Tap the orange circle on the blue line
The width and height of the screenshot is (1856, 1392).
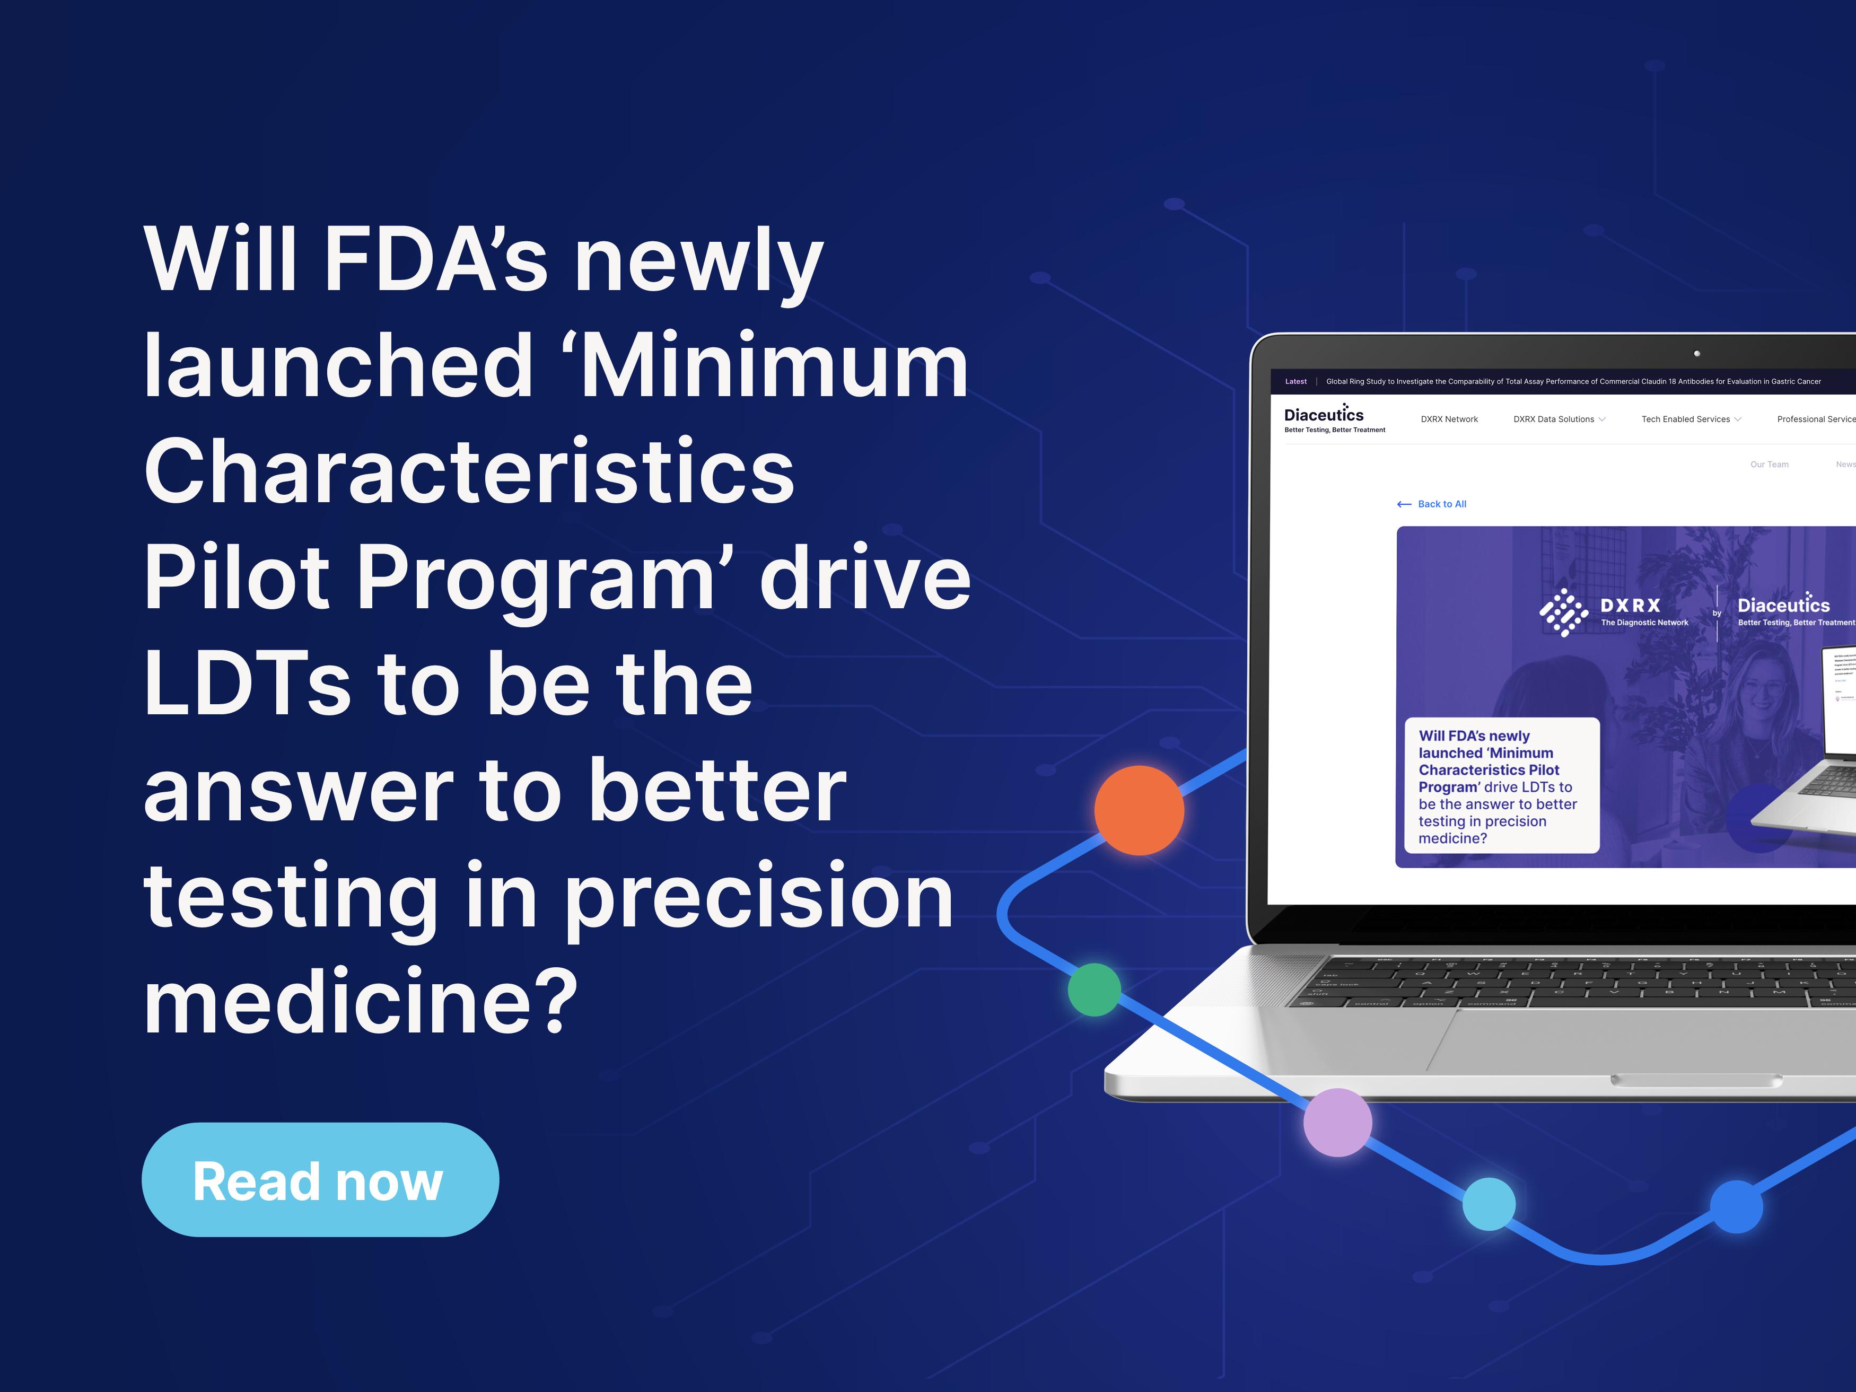1139,810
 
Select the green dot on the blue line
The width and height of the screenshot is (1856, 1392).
1094,990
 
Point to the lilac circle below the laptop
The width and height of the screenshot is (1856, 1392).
1337,1122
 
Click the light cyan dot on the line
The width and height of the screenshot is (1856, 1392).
1489,1204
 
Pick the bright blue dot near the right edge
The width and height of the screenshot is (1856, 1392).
1736,1206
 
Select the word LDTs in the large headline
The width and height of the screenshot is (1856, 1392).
247,684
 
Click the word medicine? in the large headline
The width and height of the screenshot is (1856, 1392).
361,1002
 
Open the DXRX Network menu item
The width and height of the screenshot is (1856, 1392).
1449,419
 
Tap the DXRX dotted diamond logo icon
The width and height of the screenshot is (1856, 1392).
1563,612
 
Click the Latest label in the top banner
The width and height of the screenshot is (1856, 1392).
1295,382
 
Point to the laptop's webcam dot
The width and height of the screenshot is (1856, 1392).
1696,353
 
